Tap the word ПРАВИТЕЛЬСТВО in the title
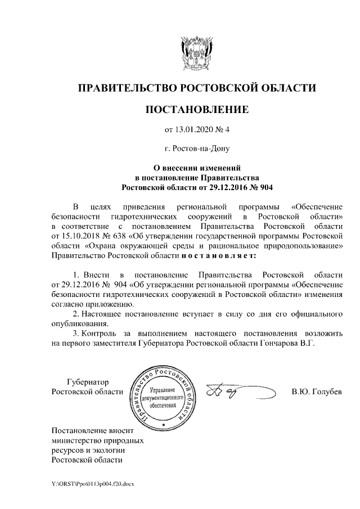(125, 88)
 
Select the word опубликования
(78, 323)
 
